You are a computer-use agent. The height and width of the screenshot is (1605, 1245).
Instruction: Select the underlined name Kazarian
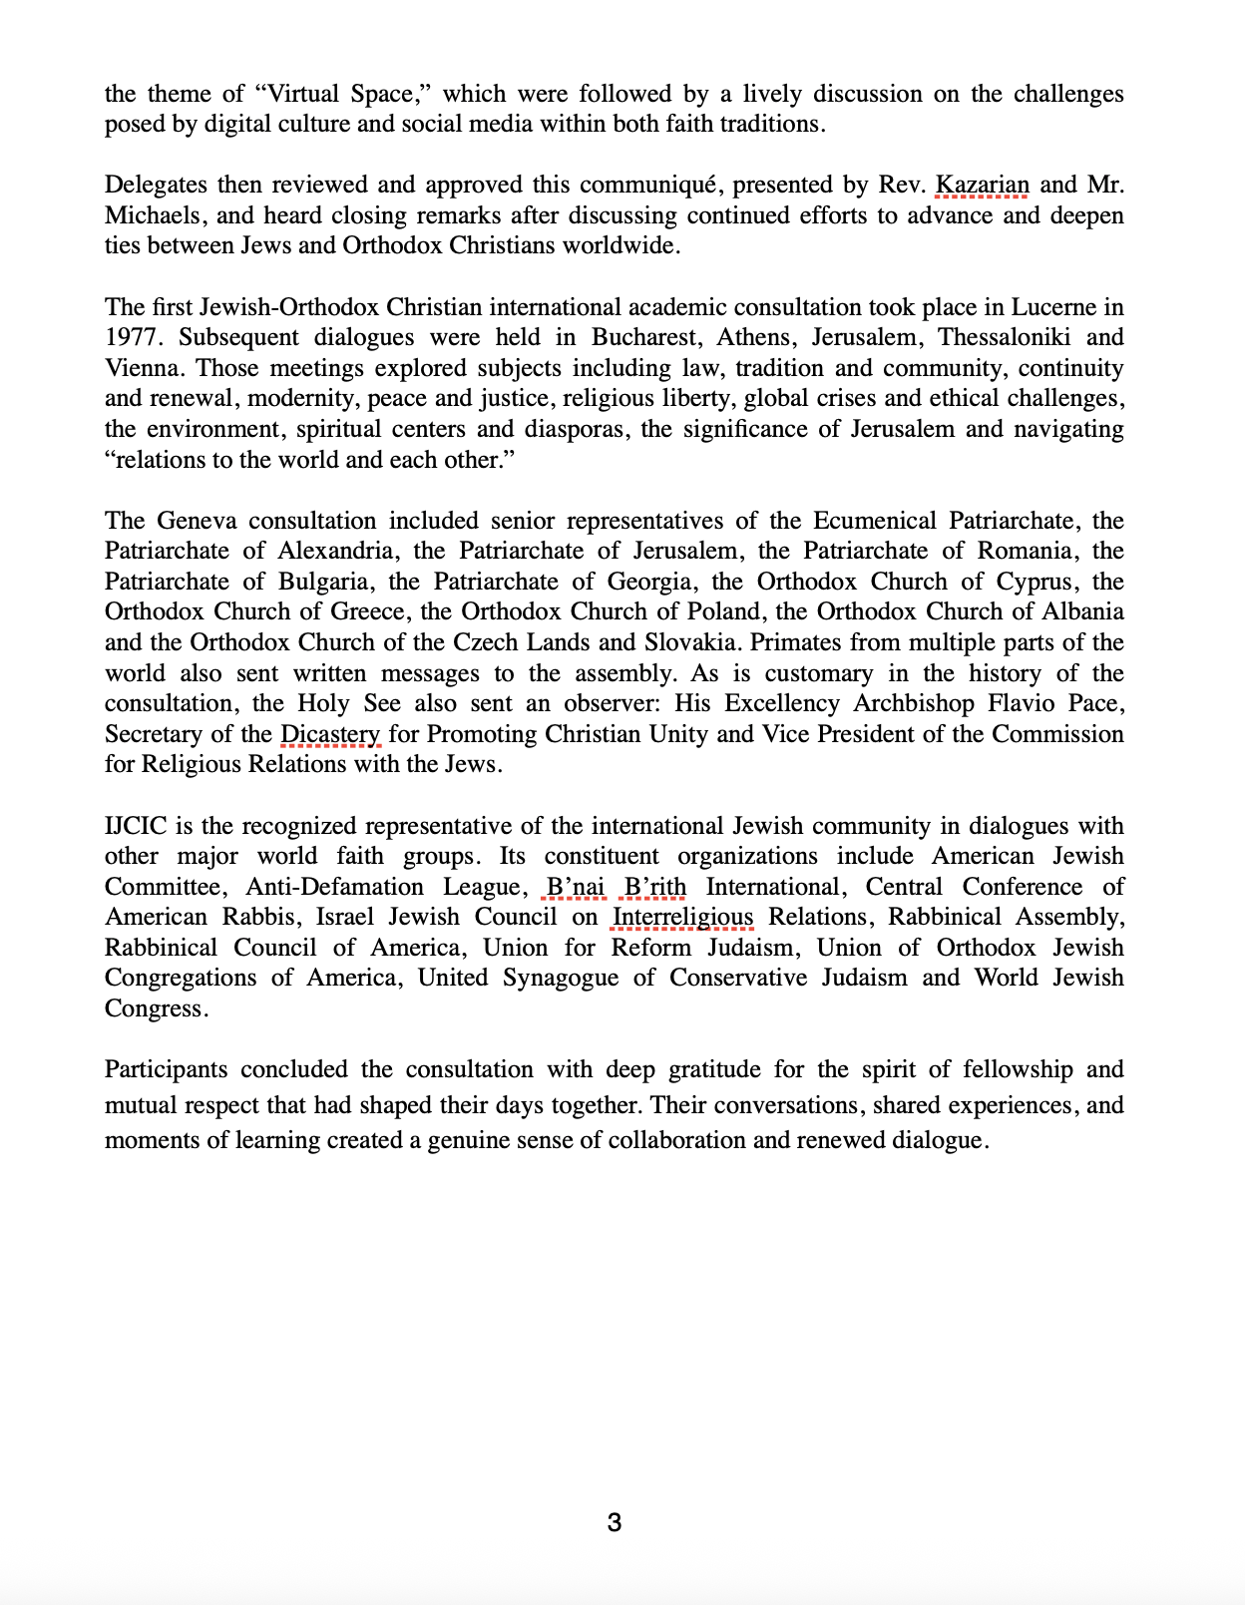tap(982, 186)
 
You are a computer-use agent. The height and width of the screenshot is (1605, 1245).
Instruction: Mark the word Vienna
tap(144, 368)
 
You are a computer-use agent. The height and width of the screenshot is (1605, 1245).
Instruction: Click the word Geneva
tap(197, 521)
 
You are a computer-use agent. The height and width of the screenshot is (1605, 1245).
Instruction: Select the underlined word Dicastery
tap(330, 734)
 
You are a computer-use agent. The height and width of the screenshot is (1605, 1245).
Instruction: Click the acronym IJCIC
tap(136, 826)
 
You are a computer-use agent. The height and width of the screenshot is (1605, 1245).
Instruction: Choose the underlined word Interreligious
tap(682, 917)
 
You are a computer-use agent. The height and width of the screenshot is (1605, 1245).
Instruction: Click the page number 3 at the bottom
tap(615, 1522)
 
